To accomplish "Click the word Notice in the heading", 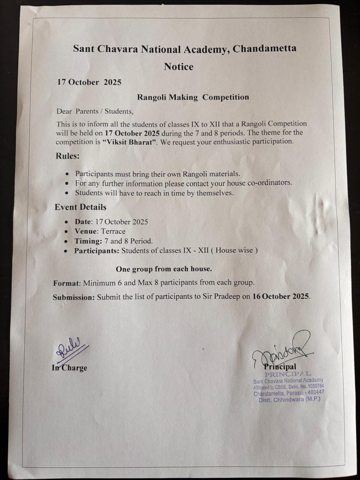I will pos(178,67).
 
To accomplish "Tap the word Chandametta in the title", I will pos(264,48).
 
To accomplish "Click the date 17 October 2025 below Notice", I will pos(89,82).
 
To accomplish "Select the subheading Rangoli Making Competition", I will pos(193,97).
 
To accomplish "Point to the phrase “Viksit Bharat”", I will pos(129,142).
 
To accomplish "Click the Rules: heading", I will pos(68,156).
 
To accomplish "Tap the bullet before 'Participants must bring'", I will pos(67,174).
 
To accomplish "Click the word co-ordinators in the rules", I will pos(269,183).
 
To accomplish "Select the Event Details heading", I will pos(81,207).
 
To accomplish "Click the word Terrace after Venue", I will pos(113,231).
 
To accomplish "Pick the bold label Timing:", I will pos(88,241).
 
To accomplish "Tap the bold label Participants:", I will pos(97,250).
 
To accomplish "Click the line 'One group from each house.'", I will pos(164,269).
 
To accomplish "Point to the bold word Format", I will pos(66,283).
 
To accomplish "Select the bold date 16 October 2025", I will pos(281,296).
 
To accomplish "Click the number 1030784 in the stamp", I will pos(315,386).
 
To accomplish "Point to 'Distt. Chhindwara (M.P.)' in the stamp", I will pos(289,400).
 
